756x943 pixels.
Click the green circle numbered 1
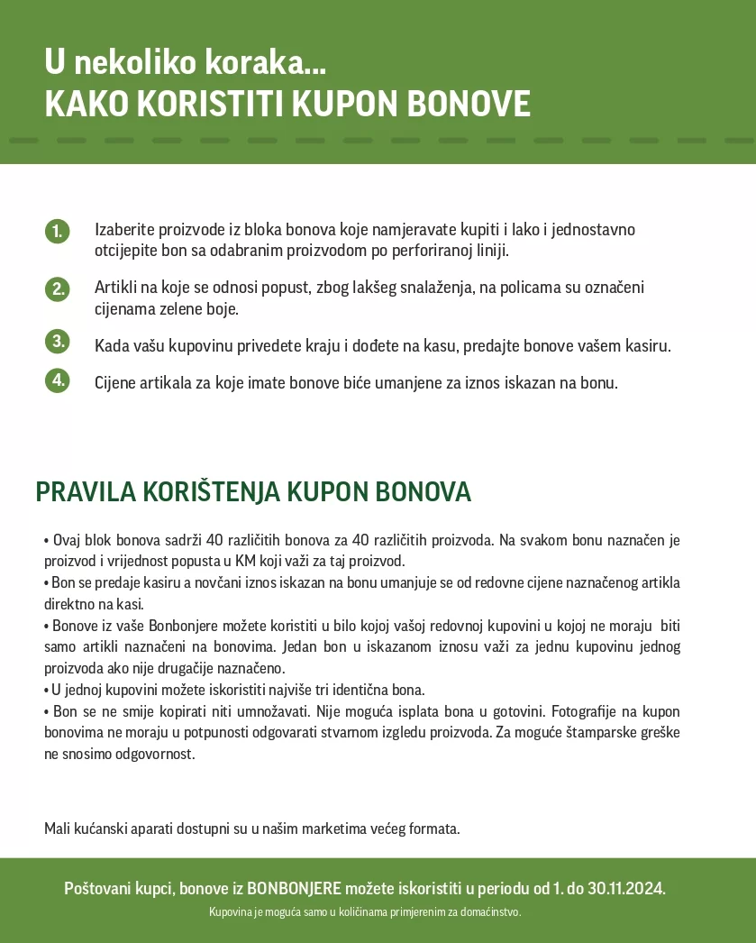coord(57,231)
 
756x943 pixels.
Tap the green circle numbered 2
coord(57,288)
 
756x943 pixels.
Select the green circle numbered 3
coord(57,341)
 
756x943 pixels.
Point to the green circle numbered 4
coord(57,380)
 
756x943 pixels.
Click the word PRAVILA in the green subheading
coord(87,492)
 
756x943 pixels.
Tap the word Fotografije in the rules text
coord(583,711)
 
